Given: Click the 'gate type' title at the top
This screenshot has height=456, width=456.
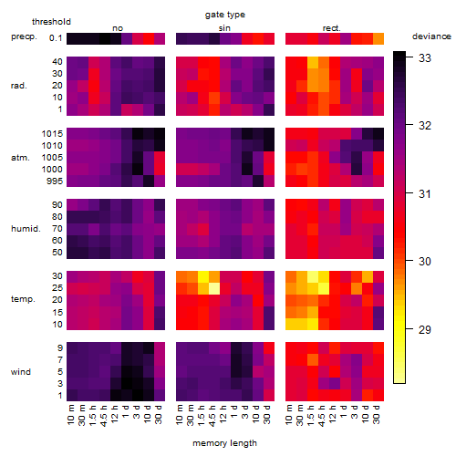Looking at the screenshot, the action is (225, 15).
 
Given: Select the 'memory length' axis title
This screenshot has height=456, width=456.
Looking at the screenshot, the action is (225, 443).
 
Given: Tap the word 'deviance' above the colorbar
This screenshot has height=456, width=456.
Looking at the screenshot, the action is (431, 36).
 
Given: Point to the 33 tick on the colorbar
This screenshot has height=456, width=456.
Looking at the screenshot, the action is (425, 57).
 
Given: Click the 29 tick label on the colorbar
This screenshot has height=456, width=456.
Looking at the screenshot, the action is (425, 329).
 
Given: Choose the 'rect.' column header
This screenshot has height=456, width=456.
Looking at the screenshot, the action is (332, 28).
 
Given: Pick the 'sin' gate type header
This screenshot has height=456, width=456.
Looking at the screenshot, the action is (224, 28).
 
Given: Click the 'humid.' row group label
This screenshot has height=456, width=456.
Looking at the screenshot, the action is (26, 229).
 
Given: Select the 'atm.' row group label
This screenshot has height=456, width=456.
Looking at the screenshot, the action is (20, 158).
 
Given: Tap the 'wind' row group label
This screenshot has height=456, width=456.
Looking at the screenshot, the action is (21, 372).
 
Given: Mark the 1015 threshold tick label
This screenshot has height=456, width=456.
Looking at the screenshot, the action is (52, 134).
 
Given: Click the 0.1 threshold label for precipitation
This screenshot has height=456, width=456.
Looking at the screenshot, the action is (56, 38).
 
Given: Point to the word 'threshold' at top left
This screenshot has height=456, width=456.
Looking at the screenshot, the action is (51, 22).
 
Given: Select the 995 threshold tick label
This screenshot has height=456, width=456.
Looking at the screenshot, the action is (55, 181).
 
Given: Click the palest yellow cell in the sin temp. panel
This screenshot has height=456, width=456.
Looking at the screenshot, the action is (214, 288).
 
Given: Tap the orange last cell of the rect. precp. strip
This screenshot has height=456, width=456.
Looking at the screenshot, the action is (378, 38).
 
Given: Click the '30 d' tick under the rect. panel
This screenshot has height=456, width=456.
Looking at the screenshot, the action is (377, 414).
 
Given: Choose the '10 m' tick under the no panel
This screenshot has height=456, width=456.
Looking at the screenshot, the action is (70, 415).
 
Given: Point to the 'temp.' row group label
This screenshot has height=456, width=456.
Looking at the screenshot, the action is (23, 299).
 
